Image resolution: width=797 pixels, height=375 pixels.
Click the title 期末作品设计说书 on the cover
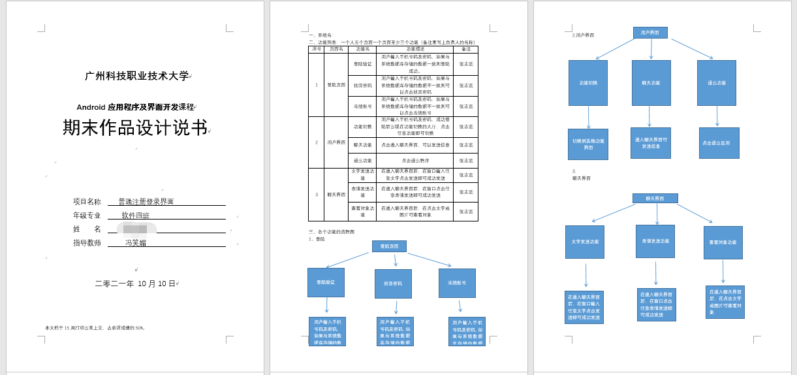(135, 127)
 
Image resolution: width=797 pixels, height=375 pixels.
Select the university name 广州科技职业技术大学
(137, 76)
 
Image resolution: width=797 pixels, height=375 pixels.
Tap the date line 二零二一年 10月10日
(136, 284)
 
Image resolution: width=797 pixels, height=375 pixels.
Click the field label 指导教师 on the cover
(87, 243)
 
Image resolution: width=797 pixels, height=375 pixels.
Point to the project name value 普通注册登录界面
(146, 202)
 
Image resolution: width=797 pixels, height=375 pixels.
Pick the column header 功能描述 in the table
(414, 49)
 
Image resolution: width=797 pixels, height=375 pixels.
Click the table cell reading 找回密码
(362, 86)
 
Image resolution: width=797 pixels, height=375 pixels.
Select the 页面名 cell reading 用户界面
(336, 142)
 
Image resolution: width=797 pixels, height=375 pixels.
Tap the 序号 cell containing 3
(316, 195)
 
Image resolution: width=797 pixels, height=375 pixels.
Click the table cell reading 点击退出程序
(414, 161)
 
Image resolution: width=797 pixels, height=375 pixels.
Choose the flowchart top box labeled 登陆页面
(389, 246)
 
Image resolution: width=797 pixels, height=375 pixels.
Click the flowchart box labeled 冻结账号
(457, 283)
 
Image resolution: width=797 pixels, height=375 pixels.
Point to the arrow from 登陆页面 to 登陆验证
(347, 260)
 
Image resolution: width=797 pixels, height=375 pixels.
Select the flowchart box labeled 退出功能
(716, 83)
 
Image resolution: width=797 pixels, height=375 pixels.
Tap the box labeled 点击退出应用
(719, 143)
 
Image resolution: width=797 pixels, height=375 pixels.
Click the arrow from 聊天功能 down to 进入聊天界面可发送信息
(649, 116)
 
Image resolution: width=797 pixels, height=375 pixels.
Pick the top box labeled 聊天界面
(655, 198)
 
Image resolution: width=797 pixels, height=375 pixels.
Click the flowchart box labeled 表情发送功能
(655, 241)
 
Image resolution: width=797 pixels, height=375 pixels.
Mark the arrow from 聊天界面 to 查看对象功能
(695, 213)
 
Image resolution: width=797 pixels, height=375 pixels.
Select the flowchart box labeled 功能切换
(587, 83)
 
